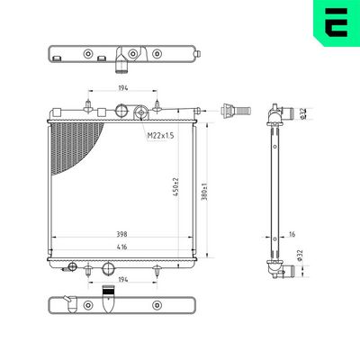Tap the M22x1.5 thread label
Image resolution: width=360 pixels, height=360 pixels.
point(162,135)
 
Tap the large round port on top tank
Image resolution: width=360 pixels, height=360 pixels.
point(123,112)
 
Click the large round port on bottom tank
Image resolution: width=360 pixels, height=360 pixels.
point(109,267)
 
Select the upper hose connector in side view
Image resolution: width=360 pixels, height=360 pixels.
point(286,113)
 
